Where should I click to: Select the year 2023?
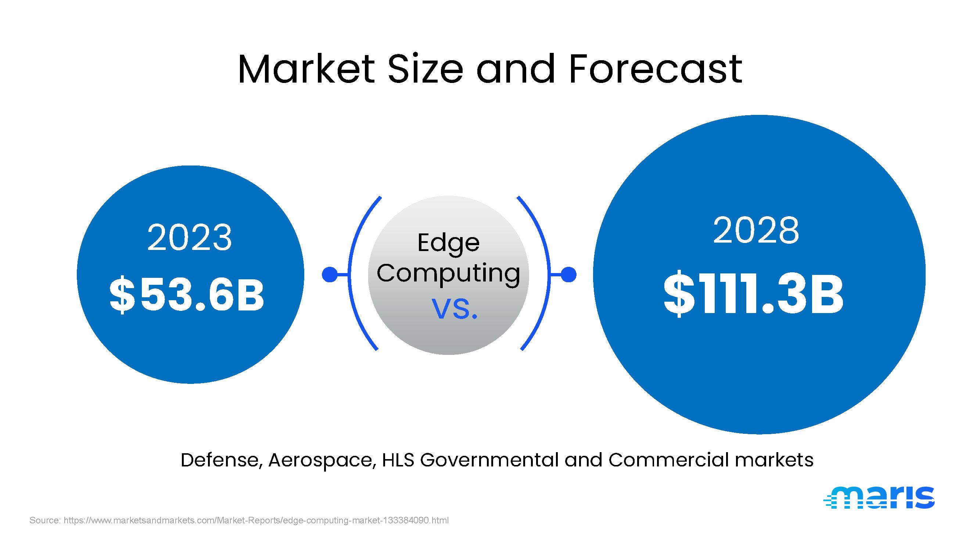(190, 237)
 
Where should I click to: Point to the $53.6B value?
(187, 295)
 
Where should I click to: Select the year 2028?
(756, 230)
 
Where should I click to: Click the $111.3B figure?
(754, 294)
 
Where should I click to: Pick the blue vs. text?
(455, 308)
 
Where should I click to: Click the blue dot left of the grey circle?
(330, 275)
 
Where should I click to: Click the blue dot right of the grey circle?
(568, 275)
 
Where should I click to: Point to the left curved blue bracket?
(349, 274)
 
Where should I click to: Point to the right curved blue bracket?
(549, 274)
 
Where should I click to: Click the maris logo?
(879, 497)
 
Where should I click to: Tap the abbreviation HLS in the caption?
(398, 460)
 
